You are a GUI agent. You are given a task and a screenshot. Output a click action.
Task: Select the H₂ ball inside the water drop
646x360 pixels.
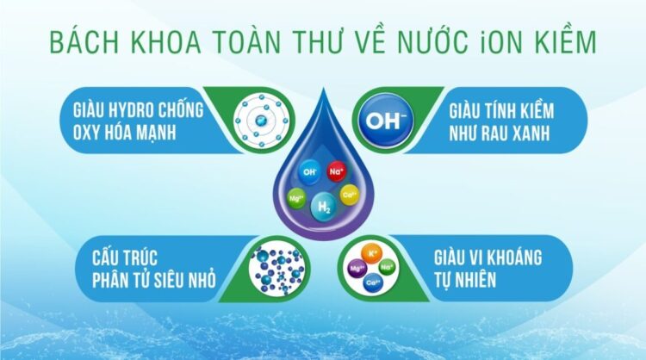click(324, 205)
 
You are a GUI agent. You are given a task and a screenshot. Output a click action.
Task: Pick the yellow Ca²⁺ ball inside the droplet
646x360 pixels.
click(350, 195)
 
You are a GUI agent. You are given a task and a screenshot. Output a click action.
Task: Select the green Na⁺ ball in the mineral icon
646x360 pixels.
click(388, 268)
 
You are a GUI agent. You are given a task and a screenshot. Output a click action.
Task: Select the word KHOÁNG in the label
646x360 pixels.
click(524, 258)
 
